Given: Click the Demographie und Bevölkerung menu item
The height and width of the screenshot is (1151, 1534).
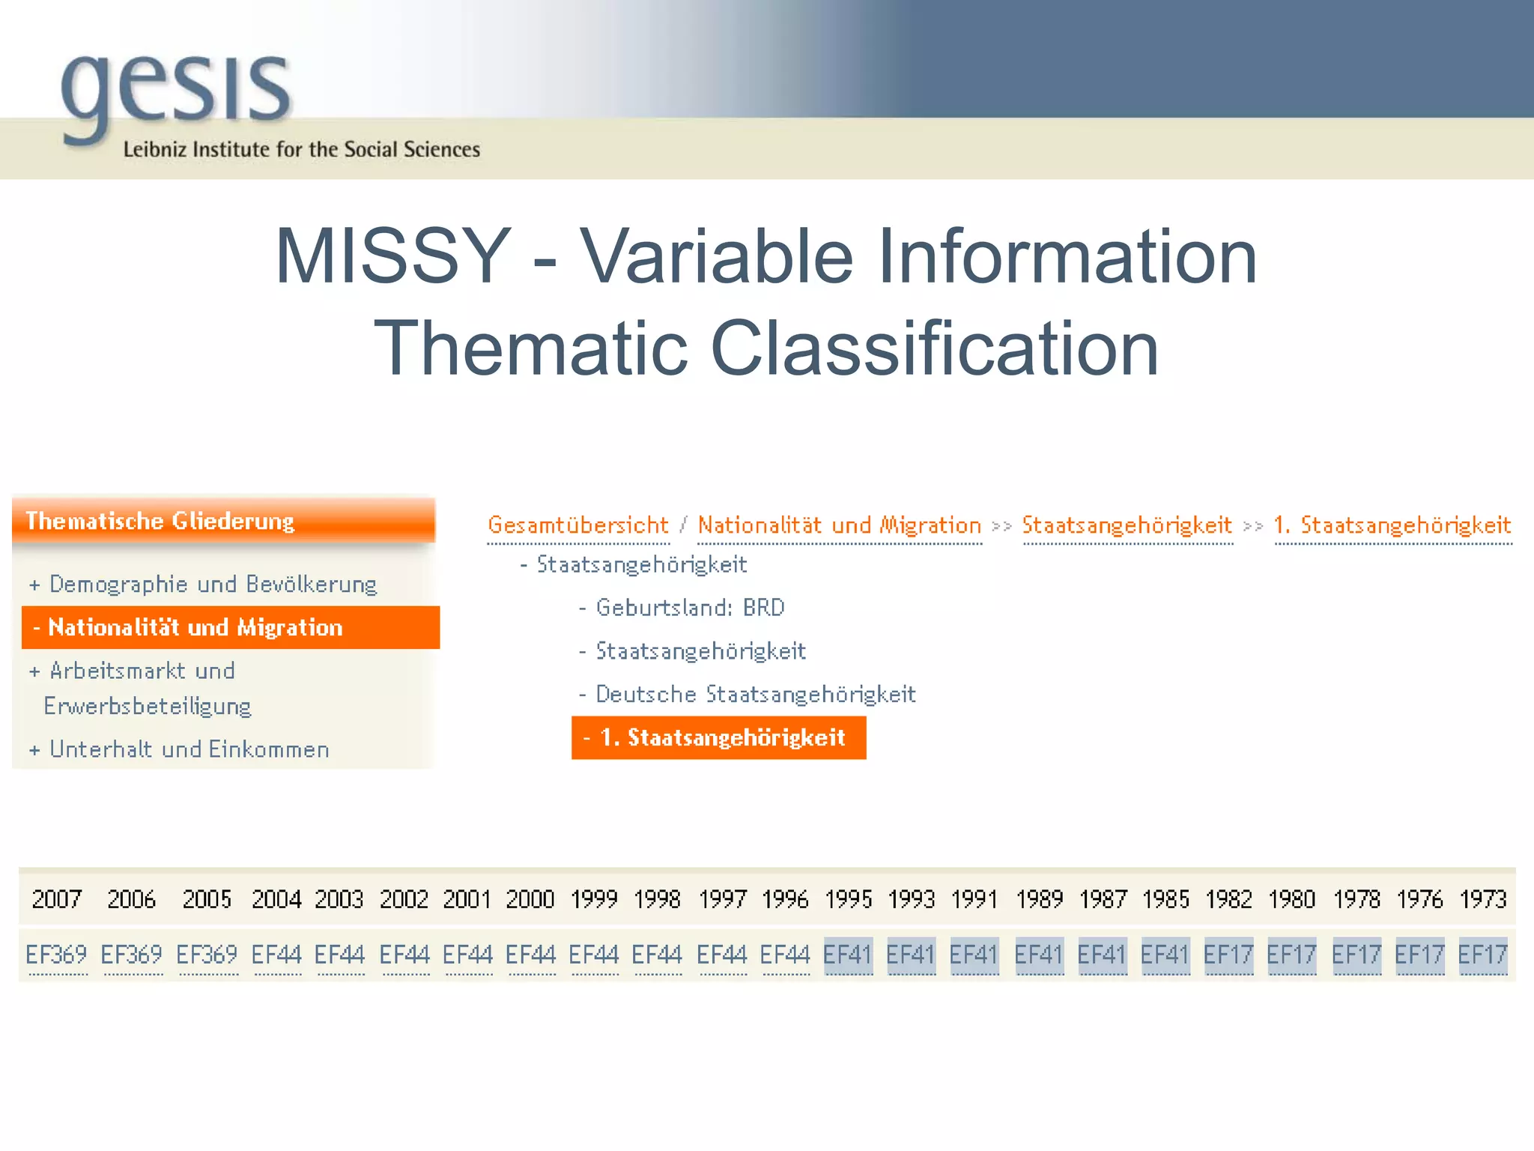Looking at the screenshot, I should [213, 584].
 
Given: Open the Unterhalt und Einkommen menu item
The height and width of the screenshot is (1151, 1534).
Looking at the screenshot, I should [189, 749].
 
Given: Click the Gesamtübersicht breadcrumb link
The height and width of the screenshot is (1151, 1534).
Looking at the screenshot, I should [577, 525].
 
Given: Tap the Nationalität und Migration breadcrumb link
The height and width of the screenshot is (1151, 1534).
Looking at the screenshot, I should [839, 525].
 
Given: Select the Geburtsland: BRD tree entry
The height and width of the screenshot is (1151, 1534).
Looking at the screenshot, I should [689, 608].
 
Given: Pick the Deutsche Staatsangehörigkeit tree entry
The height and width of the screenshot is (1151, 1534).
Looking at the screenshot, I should [755, 695].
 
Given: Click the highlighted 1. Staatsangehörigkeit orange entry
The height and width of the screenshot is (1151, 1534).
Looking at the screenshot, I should [722, 738].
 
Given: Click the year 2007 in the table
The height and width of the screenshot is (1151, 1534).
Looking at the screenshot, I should [56, 898].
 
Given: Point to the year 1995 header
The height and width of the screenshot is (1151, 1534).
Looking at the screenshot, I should [848, 898].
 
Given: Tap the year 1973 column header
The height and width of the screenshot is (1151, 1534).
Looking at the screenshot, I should [1482, 898].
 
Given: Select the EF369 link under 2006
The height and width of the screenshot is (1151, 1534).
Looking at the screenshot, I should [131, 955].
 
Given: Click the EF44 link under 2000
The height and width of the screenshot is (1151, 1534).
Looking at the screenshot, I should [530, 955].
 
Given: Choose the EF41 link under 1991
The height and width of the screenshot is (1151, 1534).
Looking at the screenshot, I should [974, 955].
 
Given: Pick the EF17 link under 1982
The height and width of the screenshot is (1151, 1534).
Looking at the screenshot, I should [1228, 955].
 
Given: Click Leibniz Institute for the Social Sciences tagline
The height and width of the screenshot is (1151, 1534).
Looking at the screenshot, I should [301, 149].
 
